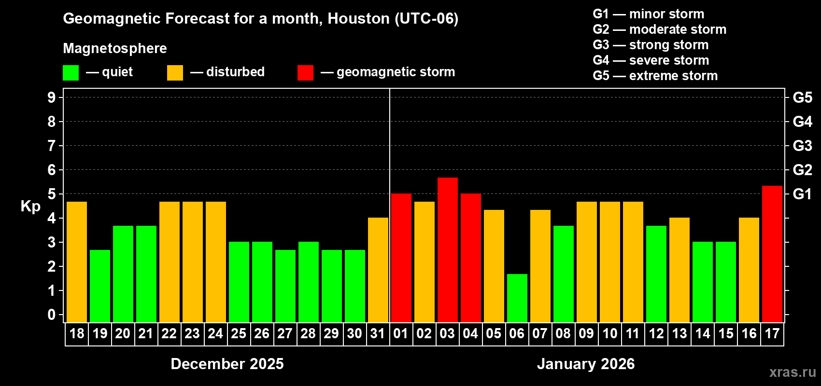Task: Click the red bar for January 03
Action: [x=447, y=249]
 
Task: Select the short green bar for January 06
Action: [x=517, y=298]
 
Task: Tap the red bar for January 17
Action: [x=772, y=254]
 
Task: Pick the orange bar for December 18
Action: [x=76, y=262]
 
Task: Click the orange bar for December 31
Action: [x=378, y=270]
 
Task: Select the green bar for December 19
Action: [x=99, y=286]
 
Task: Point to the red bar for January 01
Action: [x=401, y=258]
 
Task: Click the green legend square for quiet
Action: [x=71, y=73]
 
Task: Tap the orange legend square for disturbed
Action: [x=175, y=73]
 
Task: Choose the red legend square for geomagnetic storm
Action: [x=305, y=73]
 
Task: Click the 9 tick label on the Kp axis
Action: [x=52, y=97]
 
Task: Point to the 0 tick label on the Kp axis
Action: [x=52, y=315]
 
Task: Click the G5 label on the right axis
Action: [x=802, y=97]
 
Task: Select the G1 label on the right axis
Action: [x=802, y=194]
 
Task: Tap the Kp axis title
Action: [x=30, y=206]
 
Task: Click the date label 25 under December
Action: [x=239, y=333]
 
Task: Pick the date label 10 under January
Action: [x=609, y=333]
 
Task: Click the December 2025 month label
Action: [x=227, y=364]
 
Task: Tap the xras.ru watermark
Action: [x=793, y=372]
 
